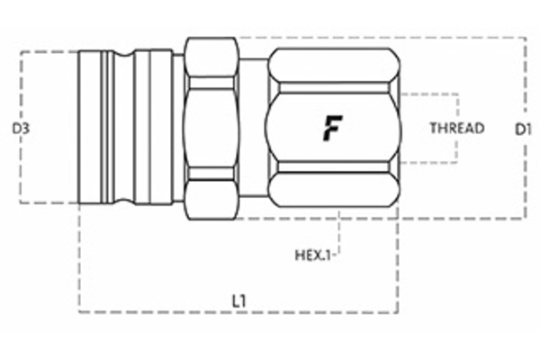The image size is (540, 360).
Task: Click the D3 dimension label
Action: pos(21,129)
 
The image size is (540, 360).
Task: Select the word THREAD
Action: pos(456,128)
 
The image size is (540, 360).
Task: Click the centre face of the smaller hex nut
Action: pos(211,128)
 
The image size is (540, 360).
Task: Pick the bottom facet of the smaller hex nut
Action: pos(211,198)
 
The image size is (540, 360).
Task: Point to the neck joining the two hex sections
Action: pos(254,128)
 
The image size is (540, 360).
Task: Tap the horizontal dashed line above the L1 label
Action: pos(238,312)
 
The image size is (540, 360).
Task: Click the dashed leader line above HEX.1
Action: pos(338,234)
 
